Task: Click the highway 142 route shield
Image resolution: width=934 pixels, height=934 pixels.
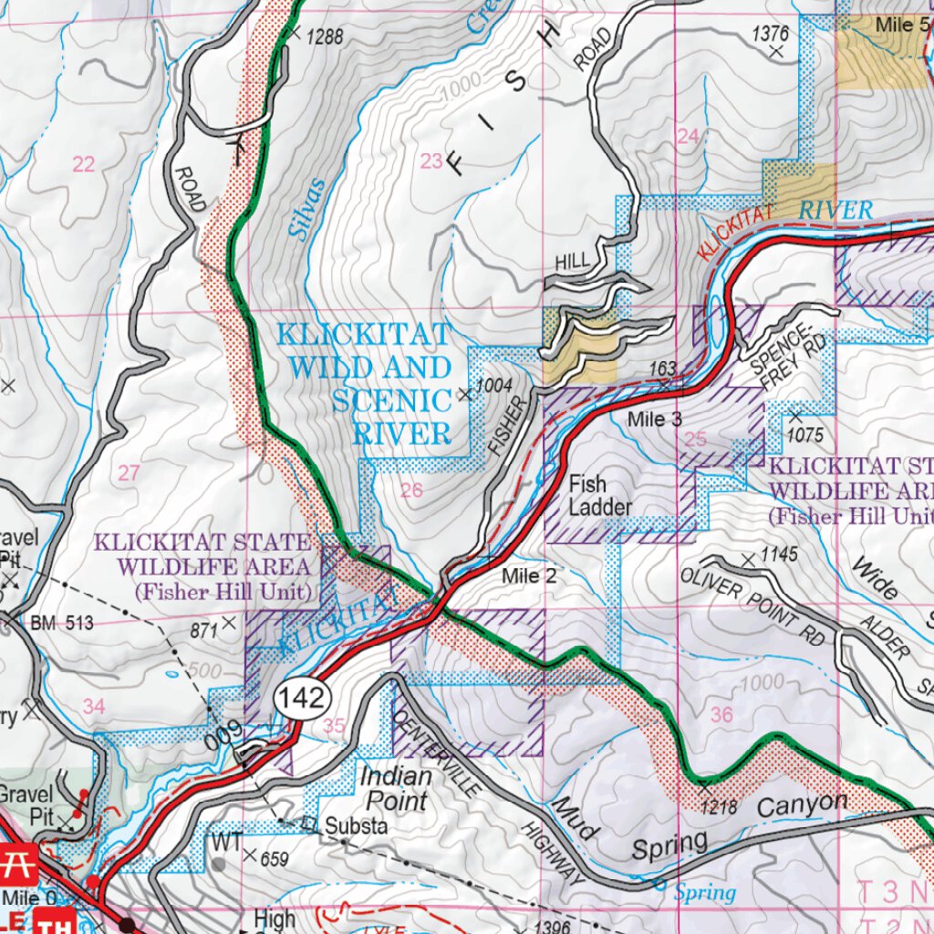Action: pos(302,699)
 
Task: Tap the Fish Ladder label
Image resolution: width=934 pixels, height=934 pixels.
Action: pos(599,496)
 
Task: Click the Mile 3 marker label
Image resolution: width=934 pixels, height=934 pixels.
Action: pos(654,420)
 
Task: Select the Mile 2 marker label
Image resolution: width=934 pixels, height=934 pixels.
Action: pos(528,576)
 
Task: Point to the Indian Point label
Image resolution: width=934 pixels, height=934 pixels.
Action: pos(394,789)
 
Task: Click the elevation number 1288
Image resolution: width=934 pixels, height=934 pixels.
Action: pos(325,38)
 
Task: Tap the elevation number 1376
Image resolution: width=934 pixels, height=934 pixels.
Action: pos(770,34)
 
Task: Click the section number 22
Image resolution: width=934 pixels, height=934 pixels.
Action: pos(83,164)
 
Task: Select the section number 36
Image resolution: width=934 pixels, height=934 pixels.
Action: pos(721,715)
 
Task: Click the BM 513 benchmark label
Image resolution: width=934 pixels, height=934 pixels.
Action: pos(62,624)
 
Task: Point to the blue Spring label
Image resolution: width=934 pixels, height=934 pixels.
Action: pos(705,893)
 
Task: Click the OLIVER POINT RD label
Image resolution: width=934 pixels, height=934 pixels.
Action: pos(752,606)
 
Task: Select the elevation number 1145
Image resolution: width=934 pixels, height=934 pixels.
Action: pos(779,554)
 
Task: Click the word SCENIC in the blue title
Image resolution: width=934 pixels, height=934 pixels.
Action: pos(391,400)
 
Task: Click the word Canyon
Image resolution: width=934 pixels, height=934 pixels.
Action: pos(802,804)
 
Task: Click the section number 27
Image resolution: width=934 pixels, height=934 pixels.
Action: pos(130,472)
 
